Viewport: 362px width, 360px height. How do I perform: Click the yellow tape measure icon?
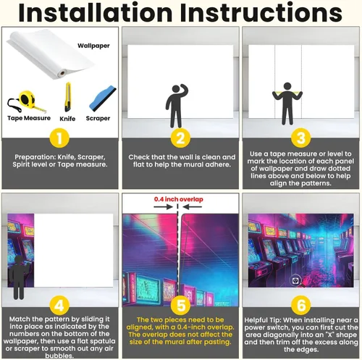tap(26, 101)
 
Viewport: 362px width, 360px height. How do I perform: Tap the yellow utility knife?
tap(68, 97)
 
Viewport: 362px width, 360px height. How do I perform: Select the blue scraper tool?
tap(103, 99)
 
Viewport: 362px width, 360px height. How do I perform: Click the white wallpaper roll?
tap(50, 54)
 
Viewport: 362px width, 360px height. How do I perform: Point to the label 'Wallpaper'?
tap(93, 46)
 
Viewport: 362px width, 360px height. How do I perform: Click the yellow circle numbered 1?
tap(59, 138)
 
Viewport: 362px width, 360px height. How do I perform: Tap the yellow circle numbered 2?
tap(180, 138)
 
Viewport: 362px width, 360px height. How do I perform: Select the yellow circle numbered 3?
tap(300, 138)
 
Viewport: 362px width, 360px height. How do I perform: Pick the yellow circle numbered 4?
tap(59, 306)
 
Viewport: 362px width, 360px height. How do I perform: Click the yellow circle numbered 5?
tap(181, 306)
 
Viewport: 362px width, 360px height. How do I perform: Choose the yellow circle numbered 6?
tap(301, 305)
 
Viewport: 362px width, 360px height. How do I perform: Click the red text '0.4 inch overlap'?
tap(179, 199)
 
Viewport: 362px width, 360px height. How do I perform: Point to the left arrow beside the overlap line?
tap(164, 206)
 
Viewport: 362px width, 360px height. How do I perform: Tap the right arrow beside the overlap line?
tap(193, 206)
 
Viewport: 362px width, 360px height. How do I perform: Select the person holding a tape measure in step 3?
tap(287, 104)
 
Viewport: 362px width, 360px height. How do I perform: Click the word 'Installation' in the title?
tap(95, 12)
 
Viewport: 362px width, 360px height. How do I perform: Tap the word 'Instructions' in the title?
tap(261, 12)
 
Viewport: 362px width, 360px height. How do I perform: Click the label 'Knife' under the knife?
tap(67, 119)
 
